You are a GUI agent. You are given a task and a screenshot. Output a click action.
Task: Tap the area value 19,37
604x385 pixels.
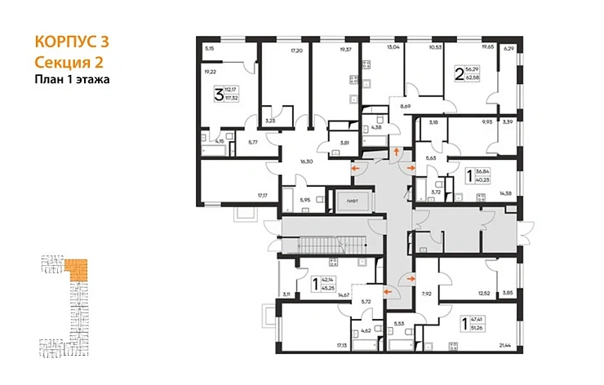point(326,49)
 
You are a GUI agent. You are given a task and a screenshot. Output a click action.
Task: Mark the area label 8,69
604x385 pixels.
point(405,107)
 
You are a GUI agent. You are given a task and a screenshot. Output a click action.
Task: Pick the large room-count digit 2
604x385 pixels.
point(458,74)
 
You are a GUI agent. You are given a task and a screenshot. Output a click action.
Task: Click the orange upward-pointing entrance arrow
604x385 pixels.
point(397,152)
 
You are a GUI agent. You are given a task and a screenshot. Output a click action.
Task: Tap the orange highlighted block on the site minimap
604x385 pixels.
point(78,269)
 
